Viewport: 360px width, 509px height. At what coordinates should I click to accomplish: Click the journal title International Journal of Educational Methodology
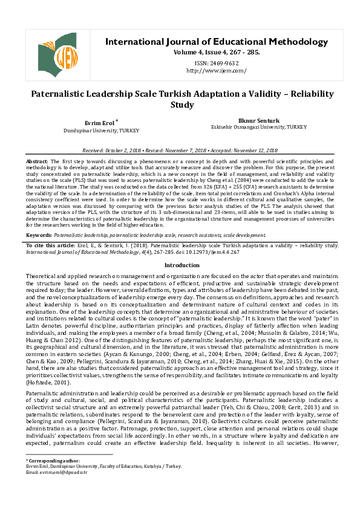[217, 42]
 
